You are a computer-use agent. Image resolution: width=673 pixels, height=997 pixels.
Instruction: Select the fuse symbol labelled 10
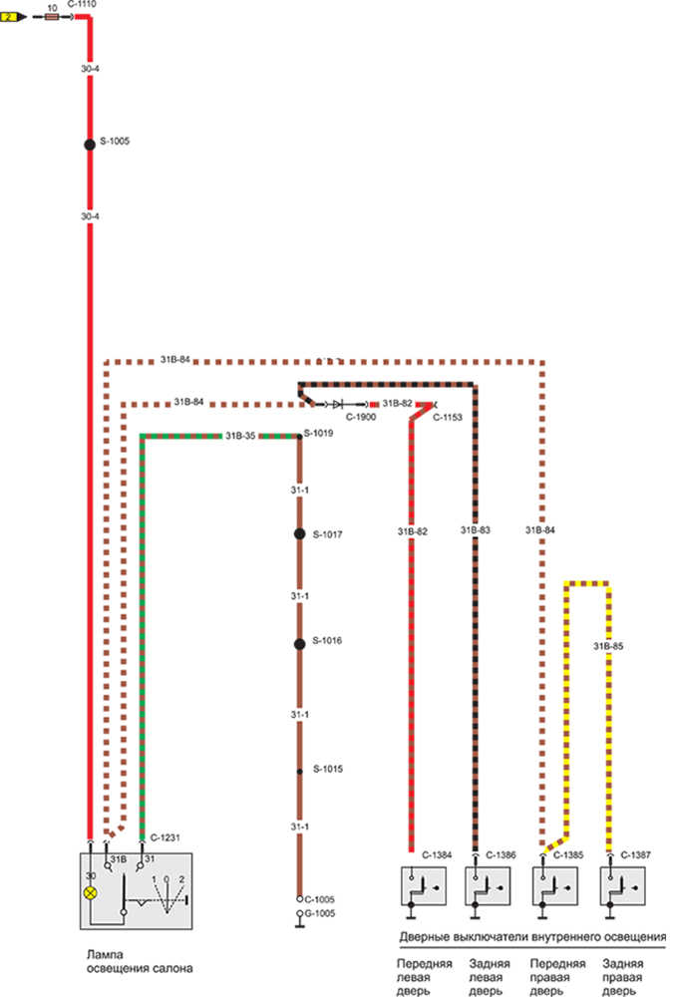pyautogui.click(x=52, y=17)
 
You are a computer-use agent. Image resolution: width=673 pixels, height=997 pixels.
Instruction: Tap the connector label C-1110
pyautogui.click(x=81, y=5)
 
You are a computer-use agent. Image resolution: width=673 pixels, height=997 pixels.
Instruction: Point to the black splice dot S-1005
pyautogui.click(x=89, y=144)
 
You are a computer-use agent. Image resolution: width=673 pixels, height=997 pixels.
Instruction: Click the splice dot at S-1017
pyautogui.click(x=299, y=534)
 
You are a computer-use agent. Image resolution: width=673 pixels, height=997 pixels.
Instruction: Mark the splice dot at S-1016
pyautogui.click(x=299, y=644)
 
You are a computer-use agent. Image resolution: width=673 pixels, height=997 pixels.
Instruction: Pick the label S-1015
pyautogui.click(x=328, y=769)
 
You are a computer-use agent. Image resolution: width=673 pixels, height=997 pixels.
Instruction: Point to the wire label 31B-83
pyautogui.click(x=476, y=530)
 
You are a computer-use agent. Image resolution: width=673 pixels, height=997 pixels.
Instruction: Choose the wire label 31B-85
pyautogui.click(x=608, y=645)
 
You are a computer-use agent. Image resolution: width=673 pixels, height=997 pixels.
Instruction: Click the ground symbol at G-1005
pyautogui.click(x=299, y=918)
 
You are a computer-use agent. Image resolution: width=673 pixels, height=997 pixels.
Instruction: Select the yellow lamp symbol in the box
pyautogui.click(x=91, y=893)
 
